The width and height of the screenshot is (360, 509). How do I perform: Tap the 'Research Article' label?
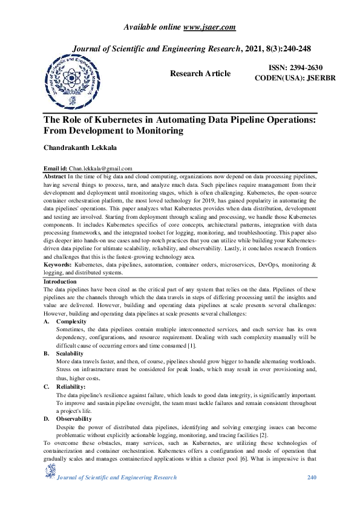click(200, 73)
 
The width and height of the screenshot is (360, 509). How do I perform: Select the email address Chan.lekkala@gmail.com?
click(100, 169)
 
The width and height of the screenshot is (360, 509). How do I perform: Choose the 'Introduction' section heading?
click(60, 282)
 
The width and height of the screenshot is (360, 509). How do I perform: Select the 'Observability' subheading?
click(74, 418)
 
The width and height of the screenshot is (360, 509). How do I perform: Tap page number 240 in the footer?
click(312, 478)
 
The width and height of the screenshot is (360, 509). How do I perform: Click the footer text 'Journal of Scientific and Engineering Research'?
click(117, 478)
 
